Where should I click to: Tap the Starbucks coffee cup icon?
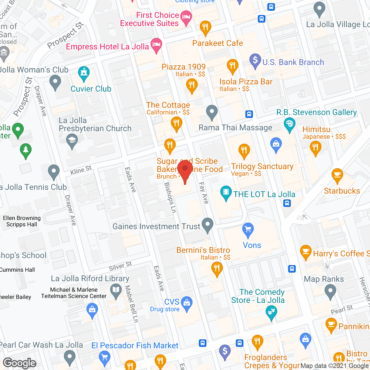(x=337, y=175)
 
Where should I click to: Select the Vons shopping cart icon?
(x=248, y=230)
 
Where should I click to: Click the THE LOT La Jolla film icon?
(x=226, y=193)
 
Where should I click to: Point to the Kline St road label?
(x=81, y=171)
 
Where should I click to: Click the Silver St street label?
(x=120, y=266)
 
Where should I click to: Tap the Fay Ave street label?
(x=204, y=193)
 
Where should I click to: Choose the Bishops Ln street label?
(x=170, y=198)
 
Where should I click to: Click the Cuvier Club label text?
(x=91, y=89)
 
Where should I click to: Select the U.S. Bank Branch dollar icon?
(x=255, y=61)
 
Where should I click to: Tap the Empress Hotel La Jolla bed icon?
(x=156, y=45)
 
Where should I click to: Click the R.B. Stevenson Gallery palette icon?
(x=289, y=125)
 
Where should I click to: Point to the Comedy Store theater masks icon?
(x=271, y=312)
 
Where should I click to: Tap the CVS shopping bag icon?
(x=187, y=303)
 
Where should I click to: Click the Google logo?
(x=20, y=363)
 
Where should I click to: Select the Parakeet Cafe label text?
(x=218, y=43)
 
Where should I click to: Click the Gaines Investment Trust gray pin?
(x=207, y=225)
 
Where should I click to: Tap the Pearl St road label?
(x=342, y=310)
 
